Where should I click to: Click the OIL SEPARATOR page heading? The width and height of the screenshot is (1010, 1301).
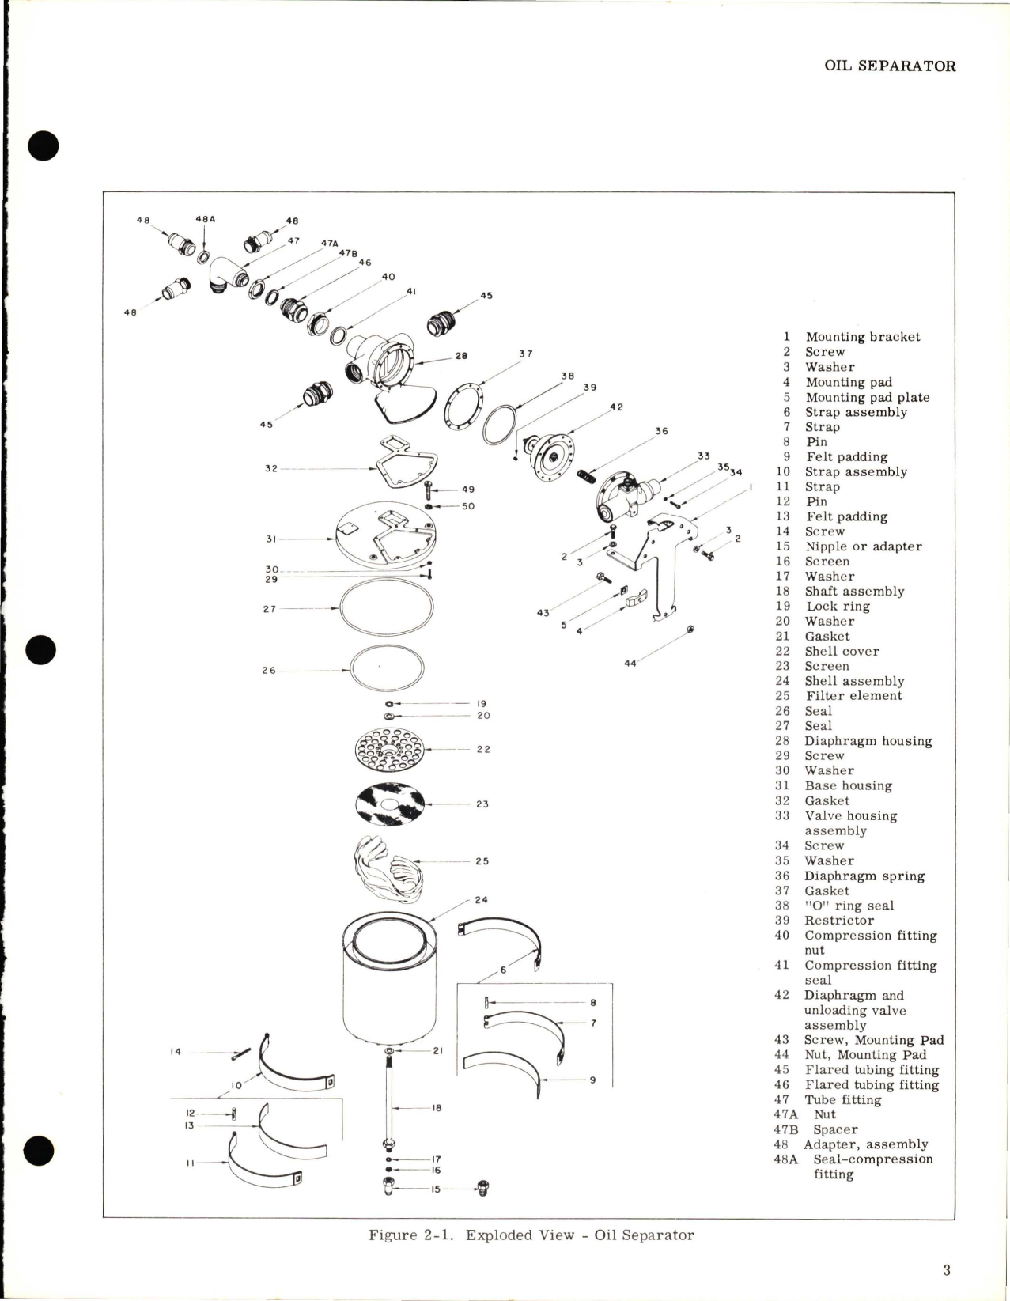(889, 66)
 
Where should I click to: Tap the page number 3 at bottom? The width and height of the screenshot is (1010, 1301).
(946, 1270)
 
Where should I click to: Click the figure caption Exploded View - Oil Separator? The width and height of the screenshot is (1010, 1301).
(531, 1235)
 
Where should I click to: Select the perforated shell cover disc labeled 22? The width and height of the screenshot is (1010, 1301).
(390, 749)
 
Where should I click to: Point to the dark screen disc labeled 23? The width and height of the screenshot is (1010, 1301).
(390, 804)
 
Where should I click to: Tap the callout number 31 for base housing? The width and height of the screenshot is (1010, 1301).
(270, 539)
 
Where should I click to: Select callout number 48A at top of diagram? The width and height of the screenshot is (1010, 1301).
(205, 220)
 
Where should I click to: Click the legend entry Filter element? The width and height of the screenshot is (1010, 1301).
(853, 696)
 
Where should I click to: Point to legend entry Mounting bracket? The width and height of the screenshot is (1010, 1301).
(862, 337)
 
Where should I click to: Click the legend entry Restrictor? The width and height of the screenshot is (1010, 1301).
(838, 921)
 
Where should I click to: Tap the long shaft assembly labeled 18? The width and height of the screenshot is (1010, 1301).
(389, 1099)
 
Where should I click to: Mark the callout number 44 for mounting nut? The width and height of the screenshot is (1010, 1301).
(630, 664)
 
